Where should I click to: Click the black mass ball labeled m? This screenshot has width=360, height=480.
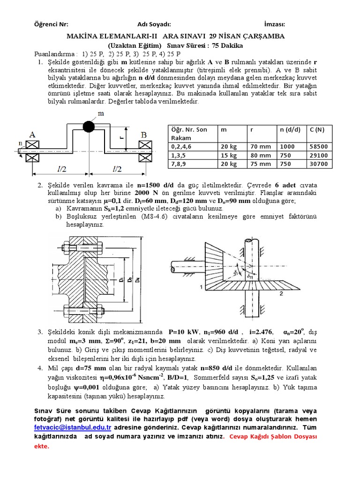(89, 127)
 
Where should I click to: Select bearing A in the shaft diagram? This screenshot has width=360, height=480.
(32, 135)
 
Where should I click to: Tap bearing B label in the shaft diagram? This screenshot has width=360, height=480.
(143, 135)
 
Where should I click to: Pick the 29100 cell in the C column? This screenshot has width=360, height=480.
(319, 155)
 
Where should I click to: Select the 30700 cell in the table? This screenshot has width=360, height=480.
(319, 164)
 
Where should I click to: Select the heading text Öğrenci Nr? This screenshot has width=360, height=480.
(51, 24)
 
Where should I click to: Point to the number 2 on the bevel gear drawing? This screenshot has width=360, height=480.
(281, 293)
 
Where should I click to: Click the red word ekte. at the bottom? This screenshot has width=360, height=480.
(41, 446)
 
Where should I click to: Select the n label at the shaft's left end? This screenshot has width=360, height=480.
(20, 143)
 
